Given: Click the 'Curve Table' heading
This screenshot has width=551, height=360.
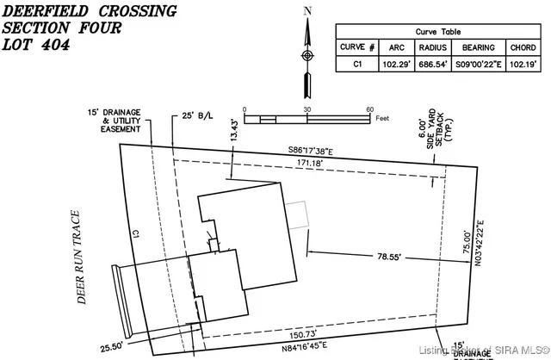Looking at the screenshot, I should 439,29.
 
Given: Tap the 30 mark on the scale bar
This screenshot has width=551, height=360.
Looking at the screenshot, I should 306,109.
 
